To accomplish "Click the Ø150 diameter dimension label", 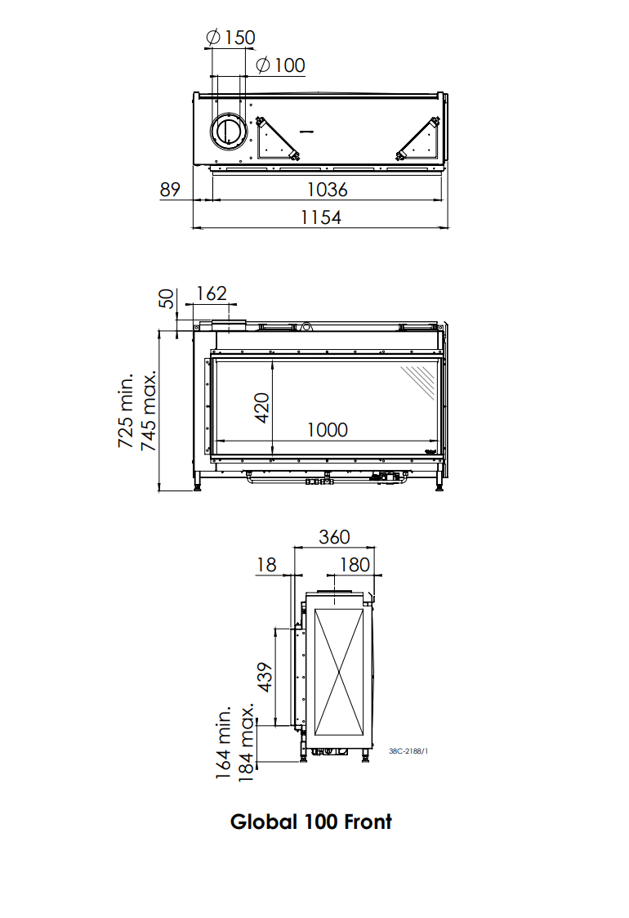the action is pos(230,38).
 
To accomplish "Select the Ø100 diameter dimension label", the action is pos(280,65).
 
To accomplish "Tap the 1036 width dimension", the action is pos(327,190).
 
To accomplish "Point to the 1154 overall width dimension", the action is pos(321,217).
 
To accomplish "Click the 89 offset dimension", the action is pos(170,190).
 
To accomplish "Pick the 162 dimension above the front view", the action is pos(212,293).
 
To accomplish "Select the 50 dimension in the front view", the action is pos(167,298).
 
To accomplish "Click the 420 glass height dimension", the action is pos(261,407).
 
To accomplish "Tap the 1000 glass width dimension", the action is pos(327,430).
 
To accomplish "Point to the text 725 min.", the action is pos(126,410).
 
